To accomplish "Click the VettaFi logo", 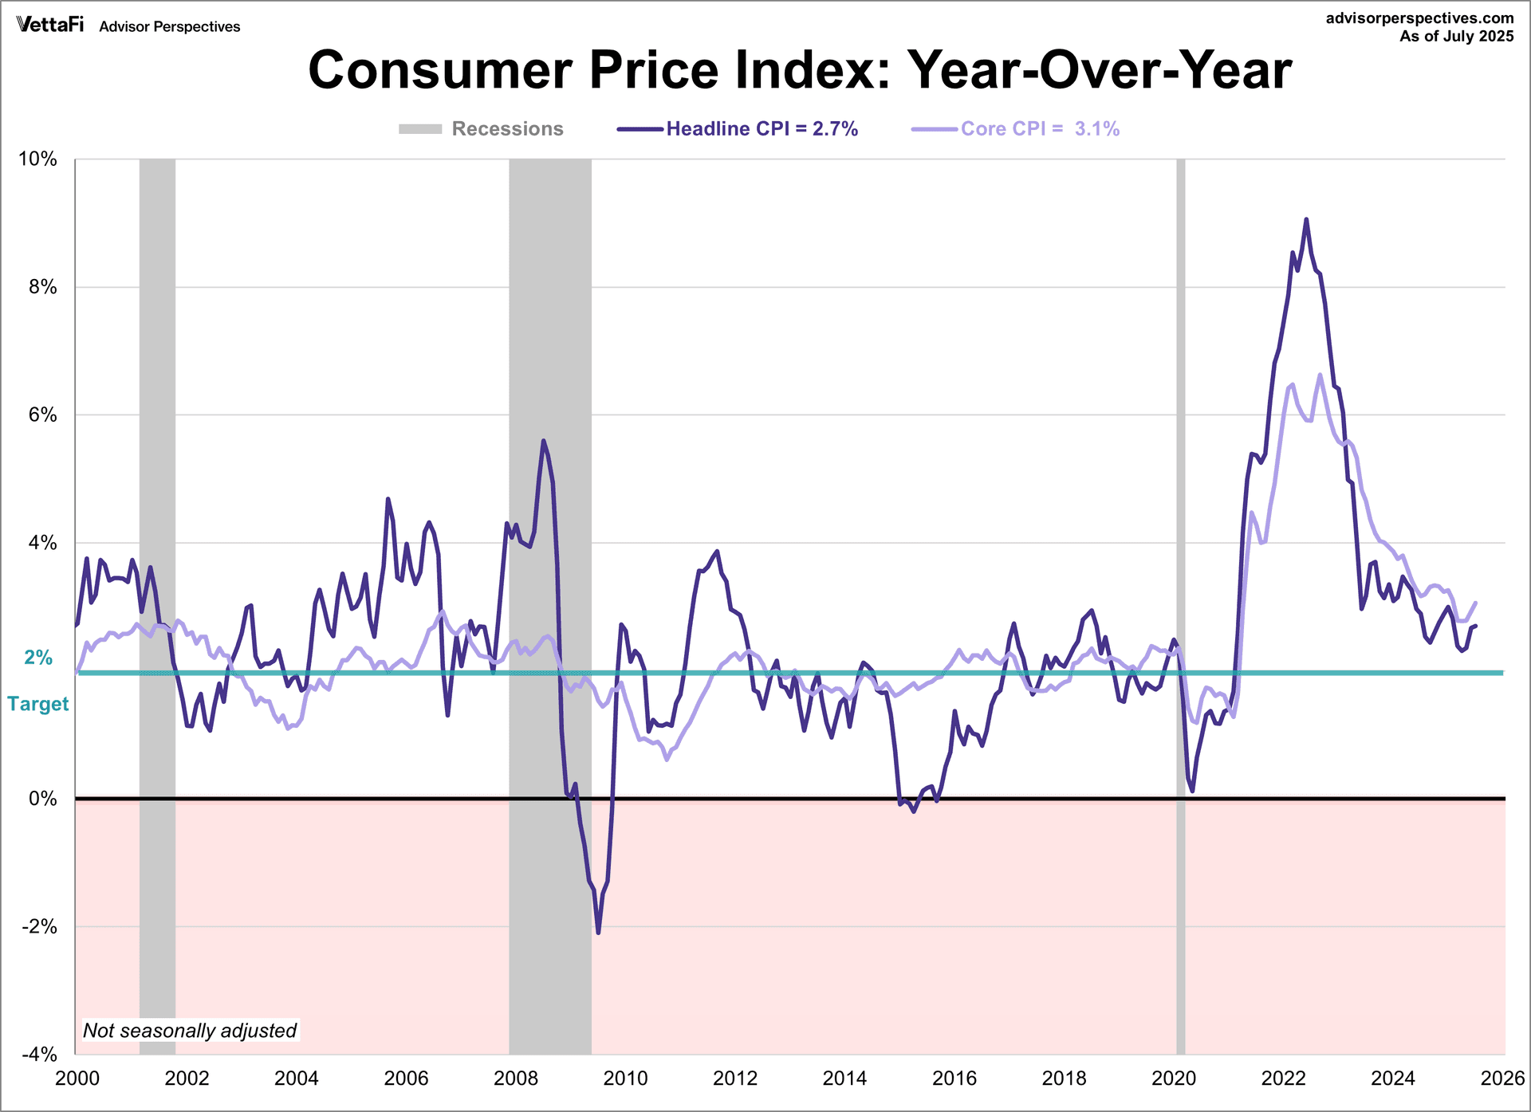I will [49, 25].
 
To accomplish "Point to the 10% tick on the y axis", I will [38, 159].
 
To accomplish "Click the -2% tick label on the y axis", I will [38, 927].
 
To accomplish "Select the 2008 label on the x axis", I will [515, 1079].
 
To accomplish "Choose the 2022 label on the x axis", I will [1283, 1079].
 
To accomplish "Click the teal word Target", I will [38, 704].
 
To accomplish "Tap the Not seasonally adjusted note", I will [190, 1031].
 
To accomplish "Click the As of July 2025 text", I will [1456, 37].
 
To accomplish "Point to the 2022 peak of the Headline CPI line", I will [1306, 219].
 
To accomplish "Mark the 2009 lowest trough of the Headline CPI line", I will [598, 932].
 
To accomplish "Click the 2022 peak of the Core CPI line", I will [1320, 375].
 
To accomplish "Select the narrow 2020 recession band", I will [1181, 558].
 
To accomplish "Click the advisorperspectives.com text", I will [1419, 18].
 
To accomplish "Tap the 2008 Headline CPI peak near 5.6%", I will [543, 440].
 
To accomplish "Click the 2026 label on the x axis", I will [1502, 1079].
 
